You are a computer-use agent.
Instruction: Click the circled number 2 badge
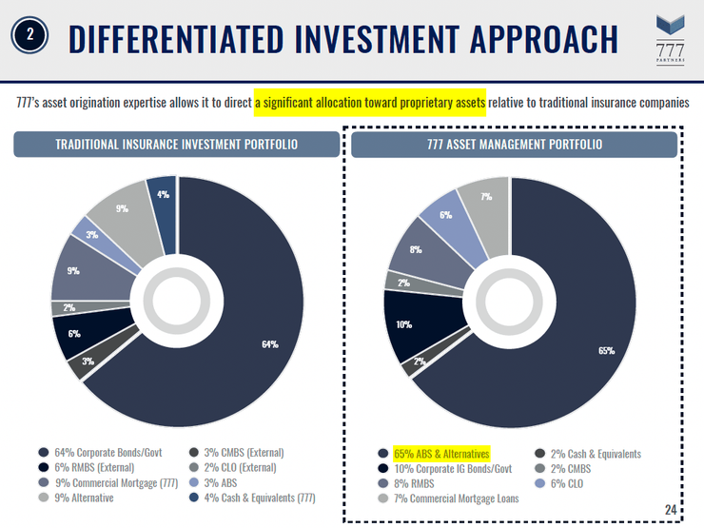coord(29,36)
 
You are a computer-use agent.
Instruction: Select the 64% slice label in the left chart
coord(270,343)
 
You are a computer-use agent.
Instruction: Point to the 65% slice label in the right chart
coord(606,350)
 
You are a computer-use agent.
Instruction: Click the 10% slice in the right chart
coord(404,324)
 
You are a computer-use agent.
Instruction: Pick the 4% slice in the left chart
coord(163,195)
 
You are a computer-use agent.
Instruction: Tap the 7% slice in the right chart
coord(486,197)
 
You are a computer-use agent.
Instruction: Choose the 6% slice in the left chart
coord(73,334)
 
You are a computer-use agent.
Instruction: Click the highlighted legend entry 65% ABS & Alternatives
coord(440,455)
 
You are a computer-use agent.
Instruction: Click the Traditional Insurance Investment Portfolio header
coord(176,145)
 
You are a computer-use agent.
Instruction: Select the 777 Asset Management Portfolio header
coord(514,145)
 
